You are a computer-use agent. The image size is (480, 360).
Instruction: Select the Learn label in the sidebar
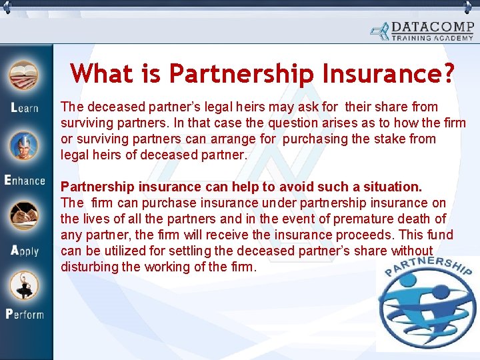[x=25, y=108]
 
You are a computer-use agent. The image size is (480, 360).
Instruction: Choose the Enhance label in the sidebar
[x=25, y=180]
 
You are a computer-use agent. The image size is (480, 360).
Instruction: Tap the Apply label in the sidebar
[x=25, y=251]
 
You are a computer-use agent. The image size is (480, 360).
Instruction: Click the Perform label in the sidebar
[x=25, y=313]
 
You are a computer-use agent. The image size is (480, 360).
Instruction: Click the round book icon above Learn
[x=25, y=75]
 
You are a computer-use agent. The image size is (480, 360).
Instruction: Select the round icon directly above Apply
[x=25, y=217]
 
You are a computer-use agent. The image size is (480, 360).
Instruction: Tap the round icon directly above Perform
[x=25, y=284]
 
